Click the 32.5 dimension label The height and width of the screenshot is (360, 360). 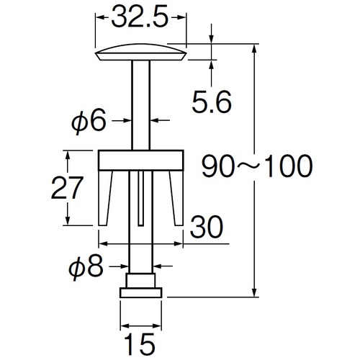click(x=140, y=17)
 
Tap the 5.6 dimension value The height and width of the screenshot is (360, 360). click(x=212, y=102)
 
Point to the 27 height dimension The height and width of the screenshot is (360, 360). click(x=67, y=188)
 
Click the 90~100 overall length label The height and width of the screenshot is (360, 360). click(x=257, y=166)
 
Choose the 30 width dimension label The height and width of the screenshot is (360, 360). click(x=207, y=227)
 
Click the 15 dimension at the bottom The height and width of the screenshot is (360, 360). click(x=140, y=344)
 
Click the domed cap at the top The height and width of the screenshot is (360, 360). click(x=141, y=52)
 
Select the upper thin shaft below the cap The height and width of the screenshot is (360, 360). click(x=140, y=105)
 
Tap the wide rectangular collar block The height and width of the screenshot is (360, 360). click(x=141, y=161)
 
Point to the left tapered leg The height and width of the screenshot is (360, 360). click(x=104, y=198)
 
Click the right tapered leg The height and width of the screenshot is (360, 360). click(x=177, y=198)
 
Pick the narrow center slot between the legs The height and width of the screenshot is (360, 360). click(x=141, y=199)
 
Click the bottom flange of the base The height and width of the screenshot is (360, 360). click(x=141, y=292)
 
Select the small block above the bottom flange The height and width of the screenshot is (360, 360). click(x=141, y=280)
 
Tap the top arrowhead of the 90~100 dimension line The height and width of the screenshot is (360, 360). click(x=255, y=48)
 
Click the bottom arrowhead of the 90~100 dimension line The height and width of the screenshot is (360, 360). click(x=255, y=293)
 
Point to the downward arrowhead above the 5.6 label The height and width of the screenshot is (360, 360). click(x=212, y=40)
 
